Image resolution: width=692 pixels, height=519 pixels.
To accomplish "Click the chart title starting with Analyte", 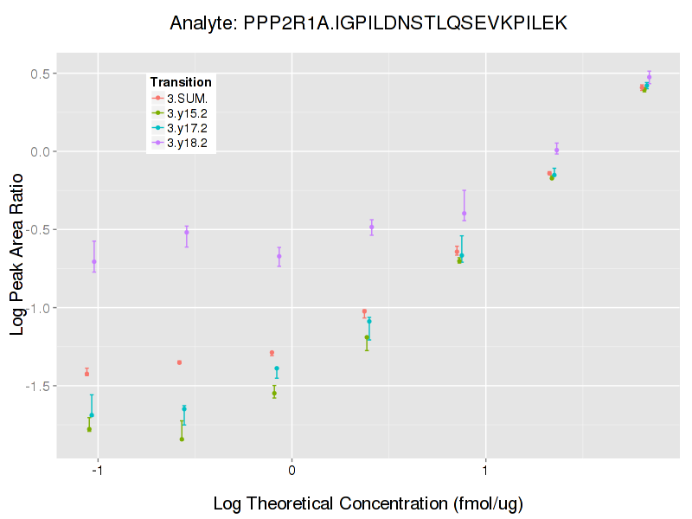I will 368,23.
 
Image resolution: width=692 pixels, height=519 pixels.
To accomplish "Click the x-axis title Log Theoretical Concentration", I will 368,503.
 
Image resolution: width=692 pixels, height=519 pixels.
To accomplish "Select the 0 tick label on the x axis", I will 292,471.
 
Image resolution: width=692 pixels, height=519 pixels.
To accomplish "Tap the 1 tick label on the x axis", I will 486,471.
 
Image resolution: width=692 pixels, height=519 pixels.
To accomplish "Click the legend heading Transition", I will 181,82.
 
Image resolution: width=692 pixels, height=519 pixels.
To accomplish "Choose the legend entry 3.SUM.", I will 187,98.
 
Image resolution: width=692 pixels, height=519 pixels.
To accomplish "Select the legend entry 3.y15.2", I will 187,112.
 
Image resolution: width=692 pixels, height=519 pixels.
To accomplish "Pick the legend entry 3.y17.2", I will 187,128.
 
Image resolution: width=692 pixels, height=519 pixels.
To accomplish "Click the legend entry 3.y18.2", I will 187,143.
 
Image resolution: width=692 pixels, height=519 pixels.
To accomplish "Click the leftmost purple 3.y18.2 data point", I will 94,261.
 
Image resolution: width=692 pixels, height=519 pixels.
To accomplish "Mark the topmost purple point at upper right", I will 649,78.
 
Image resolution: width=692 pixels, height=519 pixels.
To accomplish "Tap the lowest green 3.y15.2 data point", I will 182,439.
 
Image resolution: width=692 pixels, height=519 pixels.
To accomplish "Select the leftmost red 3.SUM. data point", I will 86,374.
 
